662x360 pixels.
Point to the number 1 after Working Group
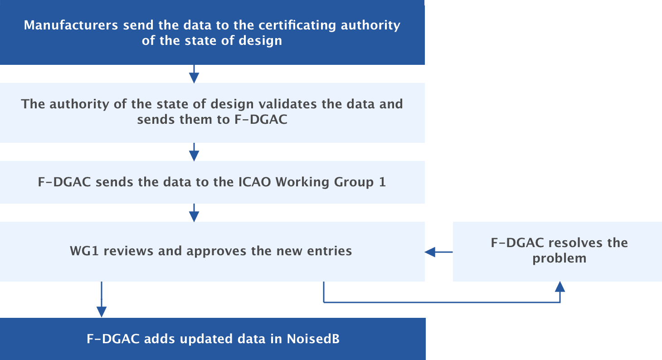coord(382,182)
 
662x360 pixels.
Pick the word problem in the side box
coord(560,258)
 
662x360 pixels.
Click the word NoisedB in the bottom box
coord(313,339)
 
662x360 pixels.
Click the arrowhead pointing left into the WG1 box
coord(429,252)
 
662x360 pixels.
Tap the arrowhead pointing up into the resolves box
coord(560,287)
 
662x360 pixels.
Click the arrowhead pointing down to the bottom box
coord(102,311)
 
